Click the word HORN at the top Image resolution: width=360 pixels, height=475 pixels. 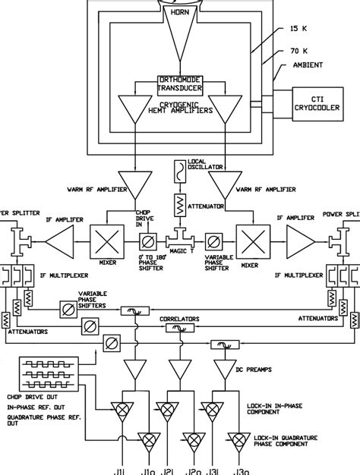tap(179, 14)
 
